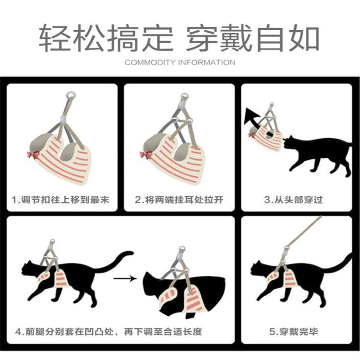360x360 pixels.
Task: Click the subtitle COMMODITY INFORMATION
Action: (x=180, y=62)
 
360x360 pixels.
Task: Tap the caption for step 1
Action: (x=60, y=200)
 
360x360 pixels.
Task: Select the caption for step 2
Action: (x=179, y=200)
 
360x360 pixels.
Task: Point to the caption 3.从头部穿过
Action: (x=294, y=200)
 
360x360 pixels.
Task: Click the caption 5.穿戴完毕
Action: (x=294, y=332)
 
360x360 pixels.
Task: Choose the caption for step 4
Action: (x=108, y=332)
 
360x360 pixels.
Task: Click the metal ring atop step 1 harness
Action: (x=71, y=95)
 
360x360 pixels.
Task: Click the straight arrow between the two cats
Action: (x=125, y=278)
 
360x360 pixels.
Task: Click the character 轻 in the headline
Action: (x=54, y=37)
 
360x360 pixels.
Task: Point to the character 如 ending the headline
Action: (x=304, y=37)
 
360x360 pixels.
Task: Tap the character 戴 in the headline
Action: (x=235, y=37)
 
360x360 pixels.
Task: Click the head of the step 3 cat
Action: (x=290, y=143)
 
